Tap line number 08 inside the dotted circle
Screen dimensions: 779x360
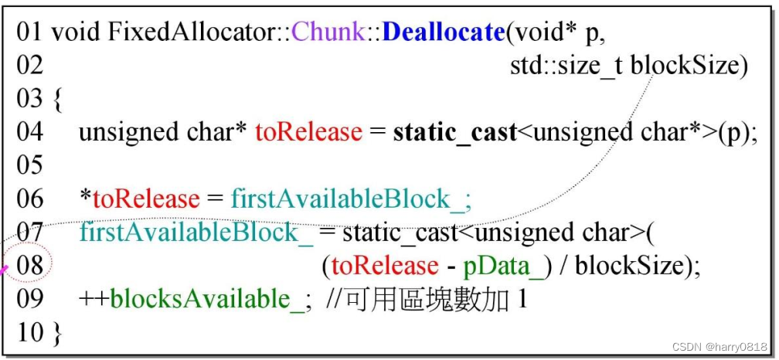tap(30, 267)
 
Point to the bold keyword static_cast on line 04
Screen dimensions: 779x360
tap(455, 133)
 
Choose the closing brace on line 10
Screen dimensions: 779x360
tap(58, 333)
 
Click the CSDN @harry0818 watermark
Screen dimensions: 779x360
tap(719, 346)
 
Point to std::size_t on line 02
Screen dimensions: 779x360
tap(566, 66)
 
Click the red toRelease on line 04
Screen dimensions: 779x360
tap(308, 133)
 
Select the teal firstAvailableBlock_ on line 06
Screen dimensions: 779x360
tap(350, 199)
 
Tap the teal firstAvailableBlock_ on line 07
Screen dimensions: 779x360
tap(196, 233)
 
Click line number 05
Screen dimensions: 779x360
tap(30, 165)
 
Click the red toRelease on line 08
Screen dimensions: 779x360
tap(386, 267)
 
